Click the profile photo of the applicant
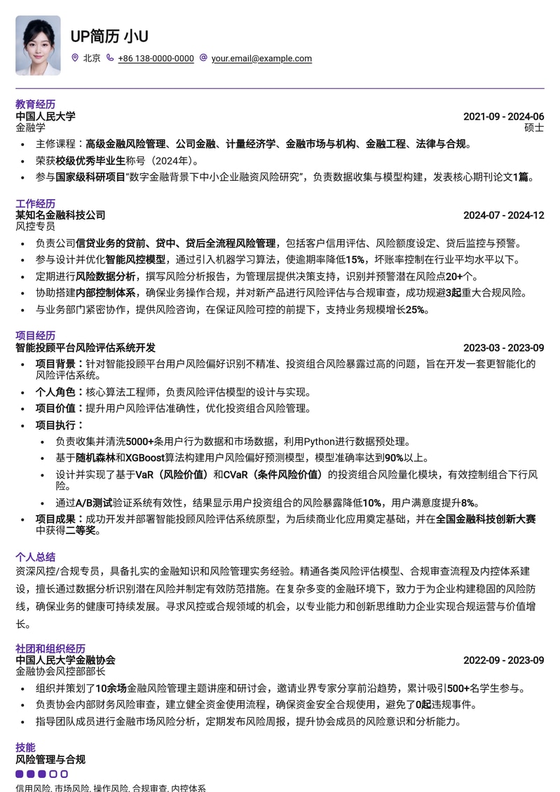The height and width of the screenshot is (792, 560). pyautogui.click(x=38, y=46)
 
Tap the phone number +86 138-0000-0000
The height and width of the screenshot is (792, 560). pyautogui.click(x=156, y=58)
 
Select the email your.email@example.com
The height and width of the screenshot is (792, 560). pyautogui.click(x=261, y=58)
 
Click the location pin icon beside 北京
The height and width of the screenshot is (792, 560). pyautogui.click(x=75, y=58)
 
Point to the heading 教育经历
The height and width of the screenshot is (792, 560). pyautogui.click(x=35, y=104)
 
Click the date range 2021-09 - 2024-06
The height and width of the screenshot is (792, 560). pyautogui.click(x=503, y=116)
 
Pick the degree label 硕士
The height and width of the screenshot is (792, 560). pyautogui.click(x=534, y=128)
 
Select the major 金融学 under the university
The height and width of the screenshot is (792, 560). pyautogui.click(x=30, y=128)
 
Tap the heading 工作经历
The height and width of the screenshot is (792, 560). pyautogui.click(x=35, y=203)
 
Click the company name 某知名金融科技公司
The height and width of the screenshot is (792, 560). pyautogui.click(x=60, y=215)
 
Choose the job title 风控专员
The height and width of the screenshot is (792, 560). pyautogui.click(x=35, y=226)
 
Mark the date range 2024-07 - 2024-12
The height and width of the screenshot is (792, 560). pyautogui.click(x=503, y=215)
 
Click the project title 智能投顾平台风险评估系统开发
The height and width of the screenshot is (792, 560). pyautogui.click(x=86, y=348)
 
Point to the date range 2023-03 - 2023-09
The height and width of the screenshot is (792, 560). pyautogui.click(x=503, y=348)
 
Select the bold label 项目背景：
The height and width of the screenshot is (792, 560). pyautogui.click(x=60, y=364)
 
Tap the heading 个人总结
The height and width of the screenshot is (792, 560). pyautogui.click(x=35, y=557)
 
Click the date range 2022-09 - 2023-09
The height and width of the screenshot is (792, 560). pyautogui.click(x=503, y=660)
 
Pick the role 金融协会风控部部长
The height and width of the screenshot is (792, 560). pyautogui.click(x=60, y=671)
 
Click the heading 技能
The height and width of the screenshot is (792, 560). pyautogui.click(x=25, y=747)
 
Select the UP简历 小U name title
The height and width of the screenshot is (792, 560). pyautogui.click(x=109, y=36)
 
